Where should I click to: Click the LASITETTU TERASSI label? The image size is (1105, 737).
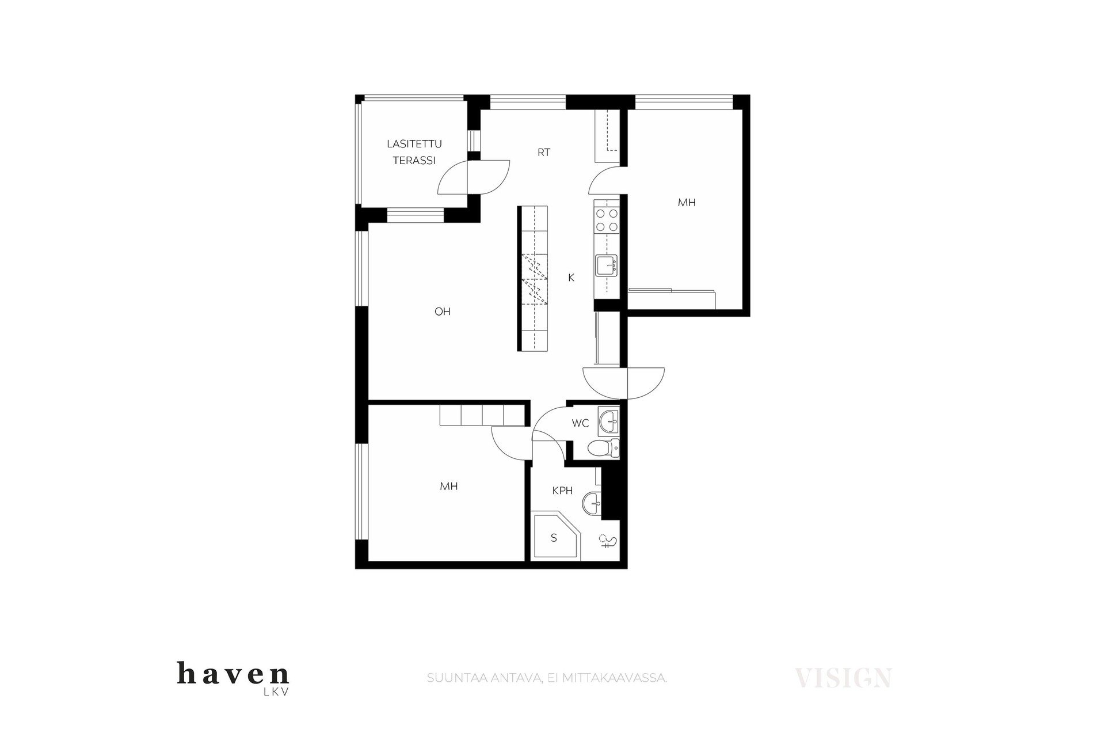[414, 152]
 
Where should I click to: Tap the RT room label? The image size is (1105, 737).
[544, 153]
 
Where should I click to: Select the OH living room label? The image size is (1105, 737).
[442, 311]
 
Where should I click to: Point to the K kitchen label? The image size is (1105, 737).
[571, 278]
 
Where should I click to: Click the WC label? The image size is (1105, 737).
[580, 423]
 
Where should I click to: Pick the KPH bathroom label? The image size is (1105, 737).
[562, 491]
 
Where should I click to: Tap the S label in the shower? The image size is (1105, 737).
[554, 538]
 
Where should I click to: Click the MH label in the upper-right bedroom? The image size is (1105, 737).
[687, 202]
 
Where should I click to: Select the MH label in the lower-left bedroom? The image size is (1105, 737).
[449, 486]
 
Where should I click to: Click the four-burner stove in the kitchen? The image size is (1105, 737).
[607, 219]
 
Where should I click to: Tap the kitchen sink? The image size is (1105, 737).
[607, 265]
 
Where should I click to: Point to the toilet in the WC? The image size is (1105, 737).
[604, 447]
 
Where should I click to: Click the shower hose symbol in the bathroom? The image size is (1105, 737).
[608, 542]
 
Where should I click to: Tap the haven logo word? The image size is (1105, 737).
[233, 673]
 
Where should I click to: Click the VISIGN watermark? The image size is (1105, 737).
[843, 678]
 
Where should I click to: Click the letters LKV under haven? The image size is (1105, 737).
[276, 693]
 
